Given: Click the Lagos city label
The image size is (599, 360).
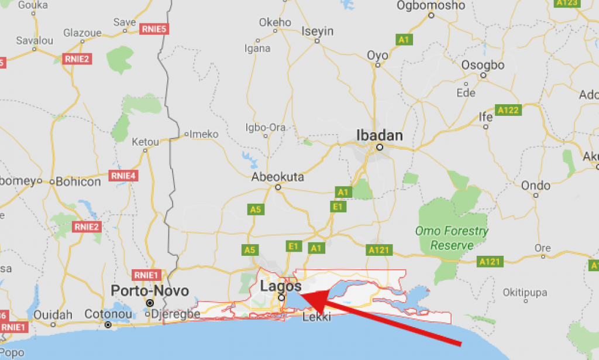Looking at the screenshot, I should (281, 286).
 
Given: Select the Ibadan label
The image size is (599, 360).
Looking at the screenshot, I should (380, 136).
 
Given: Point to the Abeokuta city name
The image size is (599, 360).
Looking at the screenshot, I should (278, 177).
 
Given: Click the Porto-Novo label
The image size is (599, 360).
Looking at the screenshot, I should (150, 291).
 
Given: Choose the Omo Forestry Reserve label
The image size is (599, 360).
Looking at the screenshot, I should (452, 238).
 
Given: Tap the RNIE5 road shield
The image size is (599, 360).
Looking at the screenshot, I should (154, 28).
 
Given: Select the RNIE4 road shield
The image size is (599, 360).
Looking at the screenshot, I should (123, 176).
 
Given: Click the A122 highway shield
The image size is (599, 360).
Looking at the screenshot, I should (508, 109).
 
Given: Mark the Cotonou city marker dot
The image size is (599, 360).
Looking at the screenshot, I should (108, 324).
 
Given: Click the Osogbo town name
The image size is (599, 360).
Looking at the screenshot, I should (483, 65).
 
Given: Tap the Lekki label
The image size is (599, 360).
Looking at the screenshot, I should (316, 317).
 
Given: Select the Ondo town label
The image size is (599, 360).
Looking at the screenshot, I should (536, 186).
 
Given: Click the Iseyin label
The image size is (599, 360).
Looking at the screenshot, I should (317, 31).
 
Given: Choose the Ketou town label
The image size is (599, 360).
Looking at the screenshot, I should (145, 142).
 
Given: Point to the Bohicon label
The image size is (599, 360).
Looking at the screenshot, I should (78, 181).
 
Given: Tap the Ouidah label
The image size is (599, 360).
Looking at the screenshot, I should (53, 314).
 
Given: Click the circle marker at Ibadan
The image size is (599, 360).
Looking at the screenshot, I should (380, 148).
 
